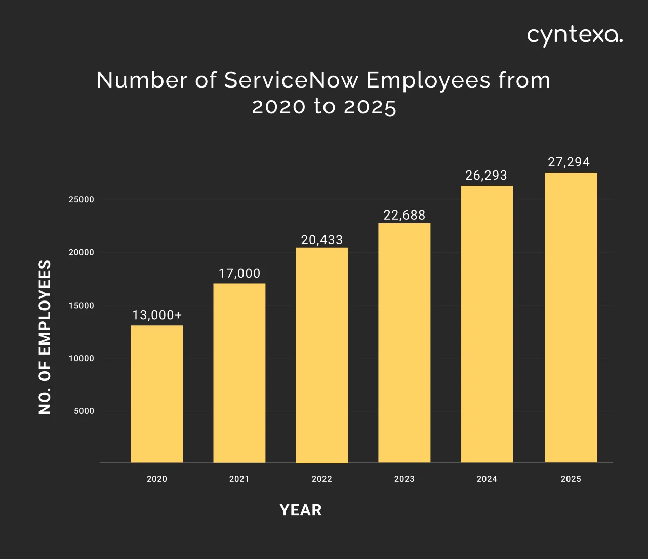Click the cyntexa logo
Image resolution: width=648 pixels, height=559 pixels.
coord(575,36)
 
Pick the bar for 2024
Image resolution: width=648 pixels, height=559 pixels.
coord(487,324)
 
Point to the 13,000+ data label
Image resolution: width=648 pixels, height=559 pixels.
coord(157,315)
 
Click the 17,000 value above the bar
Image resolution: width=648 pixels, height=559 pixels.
coord(239,274)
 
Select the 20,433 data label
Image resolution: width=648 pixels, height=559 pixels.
coord(322,240)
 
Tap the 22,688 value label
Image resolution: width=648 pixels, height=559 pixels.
coord(404,215)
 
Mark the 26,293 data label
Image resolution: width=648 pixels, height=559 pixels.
coord(487,176)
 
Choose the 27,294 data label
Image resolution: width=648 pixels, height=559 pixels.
coord(569,162)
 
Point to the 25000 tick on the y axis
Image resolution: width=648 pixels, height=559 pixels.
coord(82,200)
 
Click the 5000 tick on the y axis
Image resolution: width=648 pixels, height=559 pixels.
coord(84,411)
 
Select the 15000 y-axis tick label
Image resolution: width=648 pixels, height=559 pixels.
coord(82,306)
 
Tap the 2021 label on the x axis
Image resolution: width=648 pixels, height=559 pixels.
coord(239,479)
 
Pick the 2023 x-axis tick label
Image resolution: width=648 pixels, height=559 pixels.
coord(404,479)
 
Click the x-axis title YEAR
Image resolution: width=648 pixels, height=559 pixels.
coord(301,510)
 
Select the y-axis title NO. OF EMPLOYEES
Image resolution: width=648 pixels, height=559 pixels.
coord(45,337)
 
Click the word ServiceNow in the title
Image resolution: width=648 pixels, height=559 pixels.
coord(292,80)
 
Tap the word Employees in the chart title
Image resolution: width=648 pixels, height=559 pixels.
coord(428,80)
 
